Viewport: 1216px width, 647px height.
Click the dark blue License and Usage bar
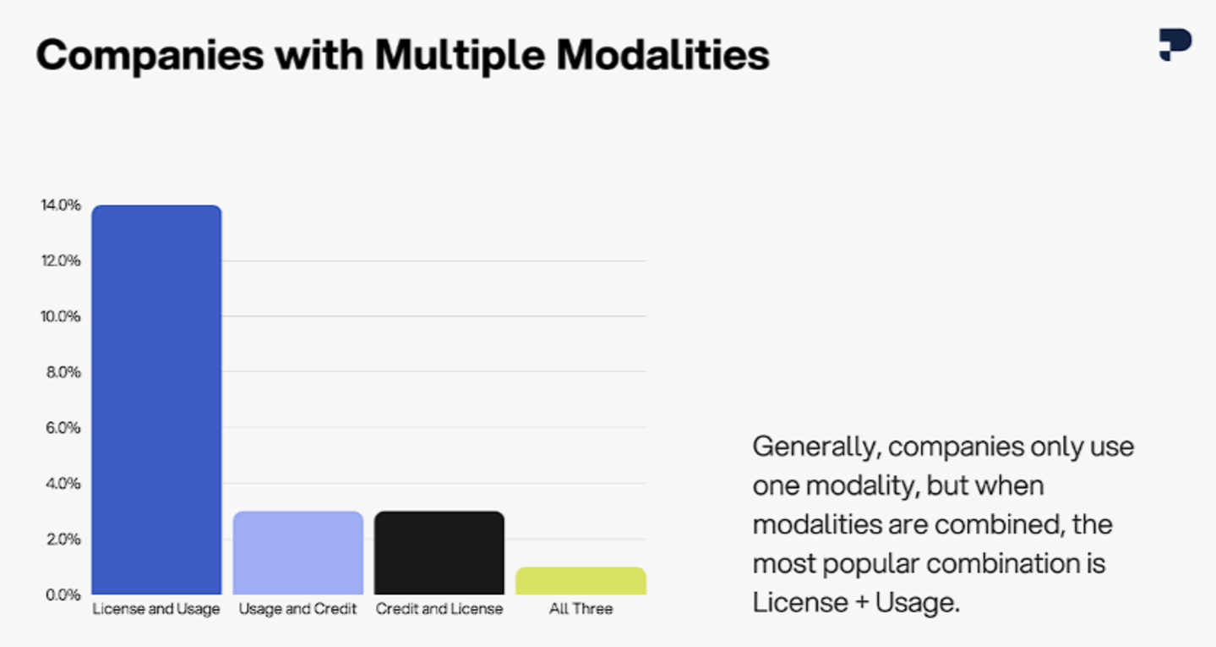(156, 399)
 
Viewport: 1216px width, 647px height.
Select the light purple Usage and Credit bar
(298, 552)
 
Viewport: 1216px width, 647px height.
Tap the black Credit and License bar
(439, 552)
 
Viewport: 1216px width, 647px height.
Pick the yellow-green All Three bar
(581, 581)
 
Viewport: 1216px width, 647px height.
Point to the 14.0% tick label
(60, 205)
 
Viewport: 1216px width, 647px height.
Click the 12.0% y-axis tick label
(60, 260)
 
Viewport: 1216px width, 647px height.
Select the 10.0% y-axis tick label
(60, 316)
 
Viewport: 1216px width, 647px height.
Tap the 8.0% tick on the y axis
(63, 372)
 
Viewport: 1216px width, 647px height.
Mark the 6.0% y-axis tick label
(63, 428)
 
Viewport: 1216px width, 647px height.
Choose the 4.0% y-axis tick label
(63, 484)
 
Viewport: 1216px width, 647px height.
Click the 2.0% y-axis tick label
(63, 539)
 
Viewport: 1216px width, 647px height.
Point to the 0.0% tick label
(63, 595)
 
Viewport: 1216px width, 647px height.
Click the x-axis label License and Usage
(156, 609)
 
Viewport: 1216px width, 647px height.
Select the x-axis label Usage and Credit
(297, 609)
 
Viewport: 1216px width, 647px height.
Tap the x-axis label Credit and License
(439, 609)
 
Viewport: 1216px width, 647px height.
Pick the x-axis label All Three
(581, 609)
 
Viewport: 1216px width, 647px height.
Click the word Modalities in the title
(663, 56)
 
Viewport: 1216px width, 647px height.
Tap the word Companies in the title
(150, 57)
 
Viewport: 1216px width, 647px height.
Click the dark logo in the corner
(1175, 45)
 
